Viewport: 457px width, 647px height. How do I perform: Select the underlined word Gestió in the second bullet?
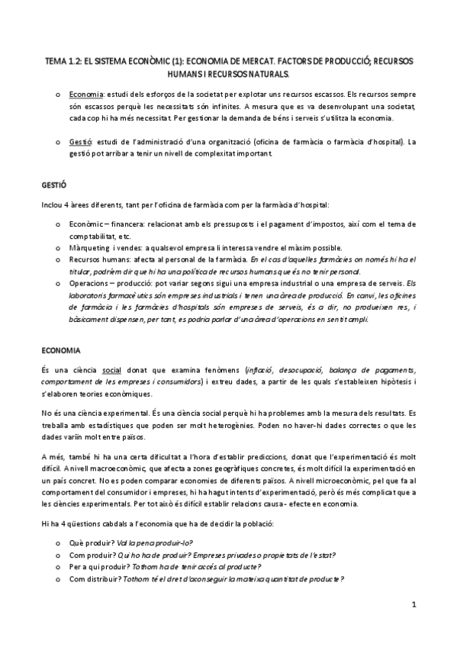tap(80, 141)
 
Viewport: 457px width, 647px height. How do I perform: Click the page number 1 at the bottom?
tap(413, 605)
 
